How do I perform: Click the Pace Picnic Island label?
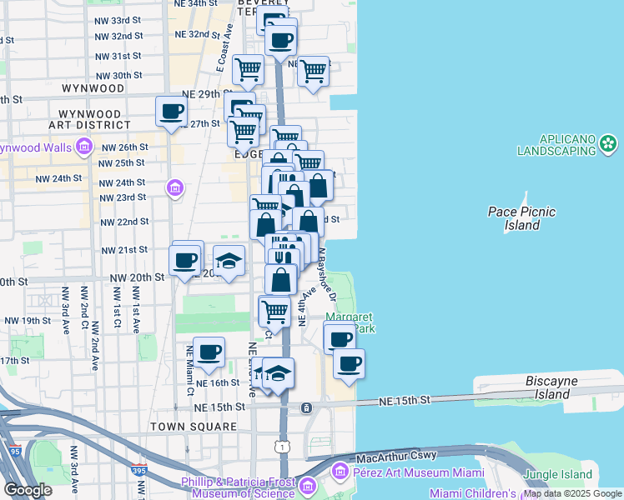521,218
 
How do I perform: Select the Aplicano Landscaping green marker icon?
609,144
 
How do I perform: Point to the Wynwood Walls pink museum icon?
83,148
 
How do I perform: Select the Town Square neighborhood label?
194,427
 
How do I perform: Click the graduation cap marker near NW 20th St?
229,261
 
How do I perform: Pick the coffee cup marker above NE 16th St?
208,352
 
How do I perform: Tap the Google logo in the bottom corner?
28,490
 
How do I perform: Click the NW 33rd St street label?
118,20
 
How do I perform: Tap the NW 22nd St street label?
124,222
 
